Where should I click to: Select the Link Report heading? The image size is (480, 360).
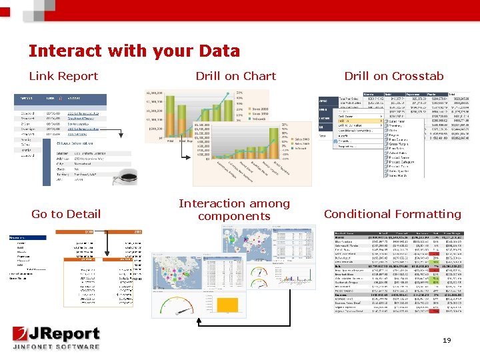tap(63, 76)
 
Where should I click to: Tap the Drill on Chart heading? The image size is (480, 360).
tap(235, 76)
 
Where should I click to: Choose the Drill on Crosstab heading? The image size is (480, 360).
tap(393, 76)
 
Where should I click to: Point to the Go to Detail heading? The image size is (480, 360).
tap(66, 214)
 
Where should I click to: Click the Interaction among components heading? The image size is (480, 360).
tap(234, 209)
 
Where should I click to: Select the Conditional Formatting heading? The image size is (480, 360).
tap(392, 214)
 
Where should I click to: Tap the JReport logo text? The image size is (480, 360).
tap(63, 334)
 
